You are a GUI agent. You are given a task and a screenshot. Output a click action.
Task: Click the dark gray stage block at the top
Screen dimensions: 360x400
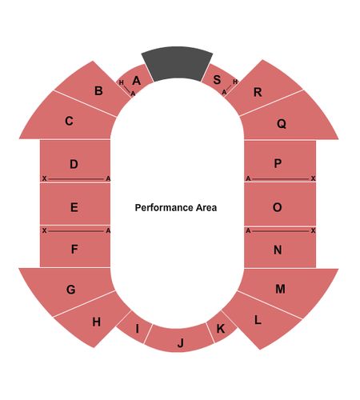pos(177,63)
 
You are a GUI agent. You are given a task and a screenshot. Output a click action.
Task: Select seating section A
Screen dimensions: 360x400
pos(135,80)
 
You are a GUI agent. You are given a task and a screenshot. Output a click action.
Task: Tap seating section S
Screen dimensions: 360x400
pos(218,80)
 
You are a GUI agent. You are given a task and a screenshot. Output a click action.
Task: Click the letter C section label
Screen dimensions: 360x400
pos(69,121)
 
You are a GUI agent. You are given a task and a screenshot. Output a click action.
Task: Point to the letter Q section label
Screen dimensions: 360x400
pos(282,123)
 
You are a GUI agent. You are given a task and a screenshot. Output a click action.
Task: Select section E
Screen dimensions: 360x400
pos(75,204)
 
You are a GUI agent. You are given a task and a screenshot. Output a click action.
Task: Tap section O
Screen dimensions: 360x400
pos(280,204)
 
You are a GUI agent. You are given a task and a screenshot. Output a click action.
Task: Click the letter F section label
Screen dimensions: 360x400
pos(74,249)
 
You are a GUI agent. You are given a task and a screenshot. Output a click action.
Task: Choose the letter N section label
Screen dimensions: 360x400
pos(278,250)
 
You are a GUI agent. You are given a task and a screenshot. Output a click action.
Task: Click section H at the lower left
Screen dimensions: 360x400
pos(94,320)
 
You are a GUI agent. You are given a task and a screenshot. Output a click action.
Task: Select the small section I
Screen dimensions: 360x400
pos(134,328)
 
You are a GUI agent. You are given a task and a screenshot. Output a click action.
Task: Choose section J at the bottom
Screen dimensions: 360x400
pos(179,339)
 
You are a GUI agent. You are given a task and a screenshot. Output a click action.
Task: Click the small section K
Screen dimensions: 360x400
pos(222,327)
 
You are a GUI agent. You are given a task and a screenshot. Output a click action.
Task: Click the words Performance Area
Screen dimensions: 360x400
pos(176,207)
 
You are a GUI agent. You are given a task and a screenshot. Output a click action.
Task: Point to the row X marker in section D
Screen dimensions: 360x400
pos(44,178)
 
